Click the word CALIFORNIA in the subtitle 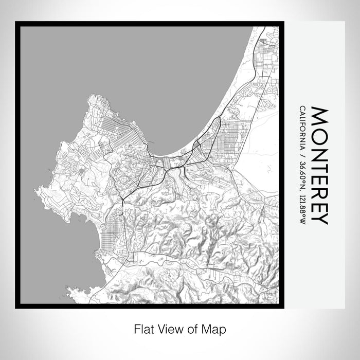click(301, 127)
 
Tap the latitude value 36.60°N click(301, 174)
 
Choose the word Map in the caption click(217, 328)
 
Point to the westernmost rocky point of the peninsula click(37, 191)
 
